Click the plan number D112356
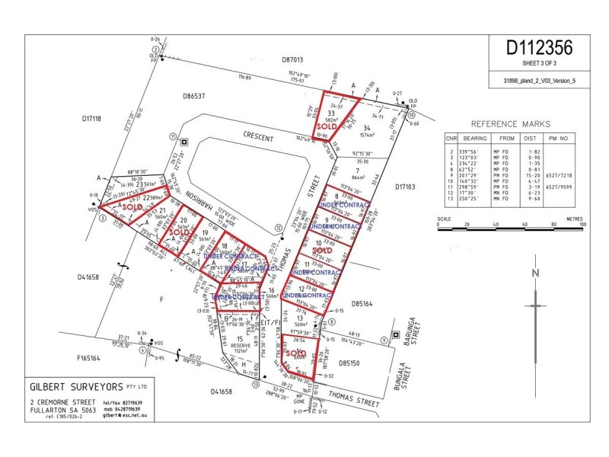[x=539, y=47]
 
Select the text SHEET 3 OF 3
[x=539, y=63]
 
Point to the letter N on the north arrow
[x=536, y=274]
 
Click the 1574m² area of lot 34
[x=368, y=136]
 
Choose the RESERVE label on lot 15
[x=241, y=346]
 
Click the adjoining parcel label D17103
[x=410, y=185]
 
